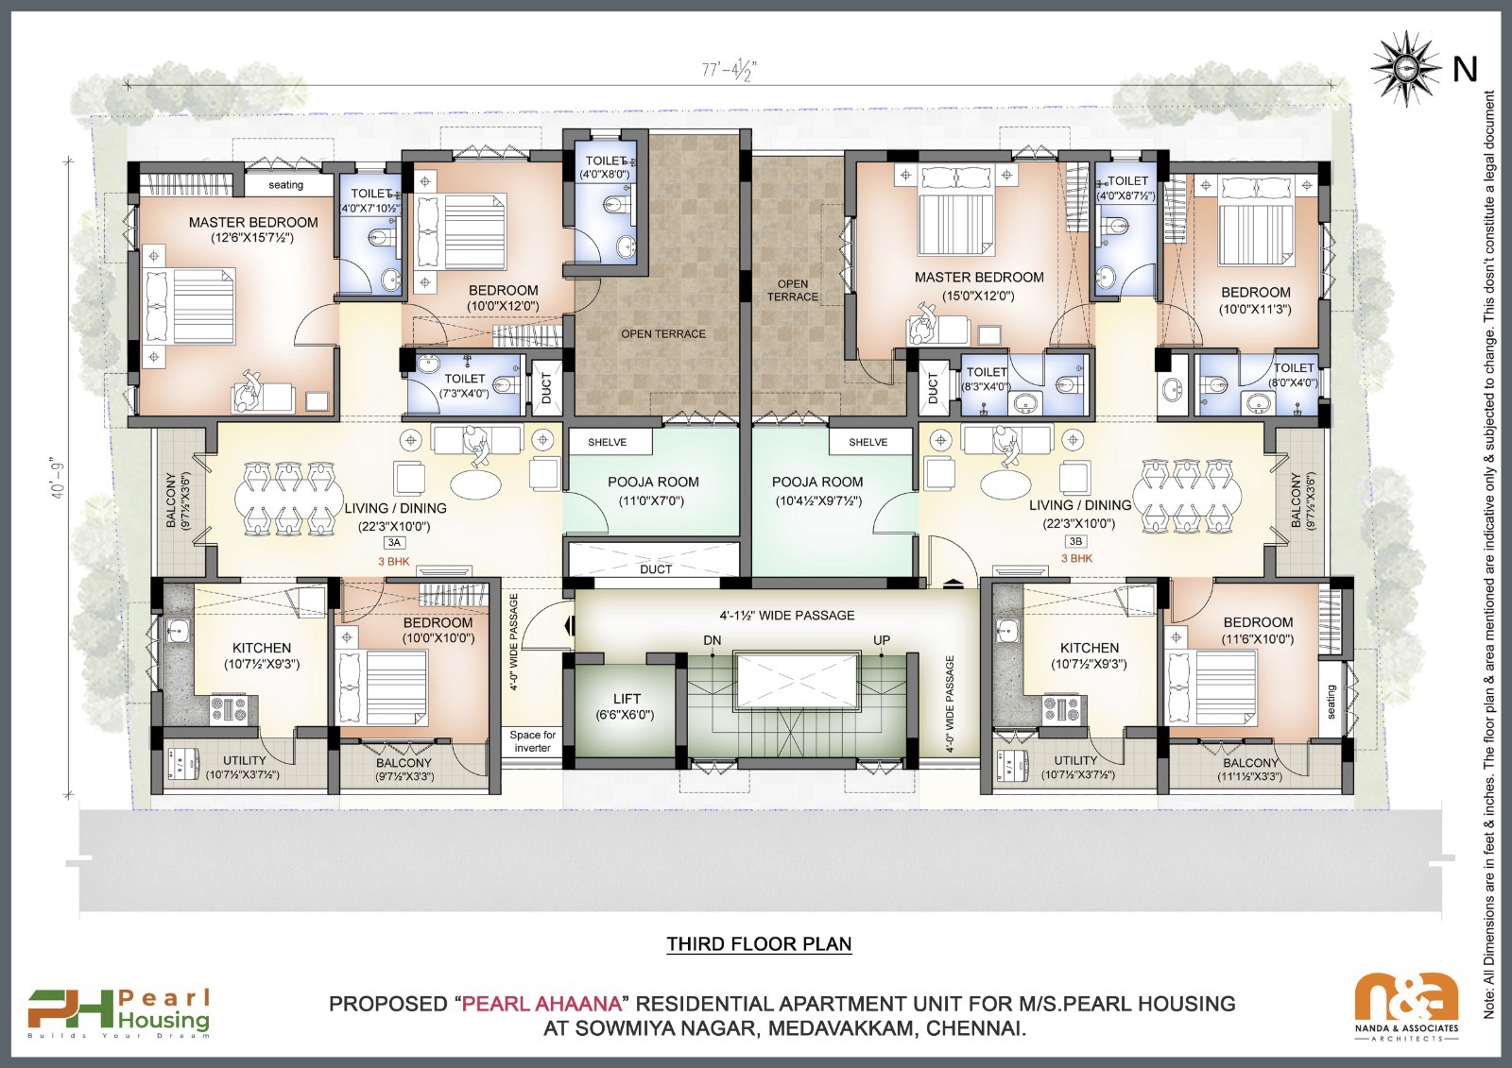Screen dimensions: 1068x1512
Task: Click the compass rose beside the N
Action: click(1404, 68)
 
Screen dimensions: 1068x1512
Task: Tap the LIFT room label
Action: click(626, 706)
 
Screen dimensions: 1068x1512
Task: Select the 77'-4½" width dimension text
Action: click(729, 70)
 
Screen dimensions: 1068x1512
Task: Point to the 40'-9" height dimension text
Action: click(60, 477)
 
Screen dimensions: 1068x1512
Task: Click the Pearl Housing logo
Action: click(119, 1012)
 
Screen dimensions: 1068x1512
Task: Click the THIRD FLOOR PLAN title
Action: click(759, 944)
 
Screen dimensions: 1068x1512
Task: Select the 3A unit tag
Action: click(394, 543)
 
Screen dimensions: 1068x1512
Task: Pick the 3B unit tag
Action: click(1075, 541)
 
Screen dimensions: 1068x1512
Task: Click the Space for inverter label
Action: click(532, 741)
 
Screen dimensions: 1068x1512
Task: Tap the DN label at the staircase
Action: click(713, 640)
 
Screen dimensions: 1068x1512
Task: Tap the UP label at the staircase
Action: click(882, 640)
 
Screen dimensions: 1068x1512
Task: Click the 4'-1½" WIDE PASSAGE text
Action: click(786, 616)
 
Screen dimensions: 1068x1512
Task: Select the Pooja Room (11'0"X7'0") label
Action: click(653, 490)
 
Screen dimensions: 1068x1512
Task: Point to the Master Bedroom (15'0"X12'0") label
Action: click(978, 285)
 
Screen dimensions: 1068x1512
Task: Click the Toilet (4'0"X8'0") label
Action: click(605, 167)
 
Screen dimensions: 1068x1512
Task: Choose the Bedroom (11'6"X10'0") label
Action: click(1258, 630)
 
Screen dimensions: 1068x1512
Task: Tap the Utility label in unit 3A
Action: click(244, 767)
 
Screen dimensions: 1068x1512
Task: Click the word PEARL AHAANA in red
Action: click(541, 1004)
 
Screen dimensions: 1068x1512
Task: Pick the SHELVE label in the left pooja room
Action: click(607, 442)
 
